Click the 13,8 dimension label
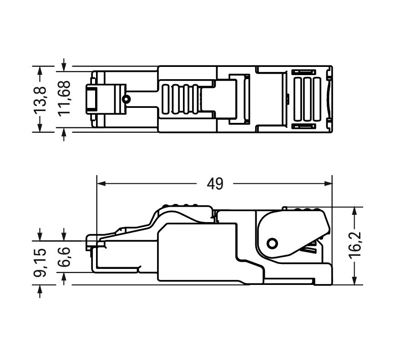pyautogui.click(x=41, y=99)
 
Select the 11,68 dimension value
pyautogui.click(x=64, y=99)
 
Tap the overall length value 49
pyautogui.click(x=215, y=183)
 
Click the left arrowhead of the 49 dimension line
pyautogui.click(x=101, y=184)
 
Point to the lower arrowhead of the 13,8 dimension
pyautogui.click(x=41, y=129)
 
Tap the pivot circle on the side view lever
pyautogui.click(x=272, y=243)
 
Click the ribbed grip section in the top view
pyautogui.click(x=181, y=99)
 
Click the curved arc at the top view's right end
pyautogui.click(x=329, y=99)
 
